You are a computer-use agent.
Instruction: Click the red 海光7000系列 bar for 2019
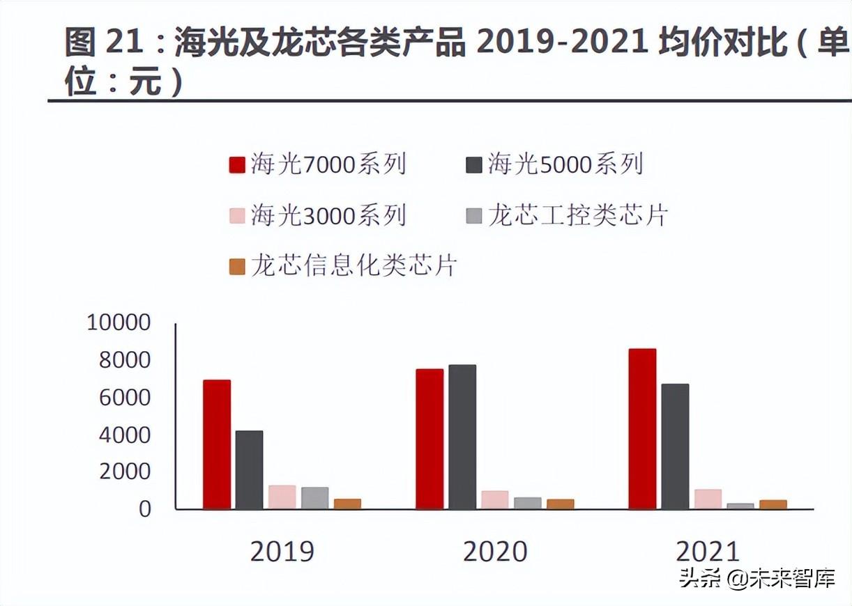[217, 444]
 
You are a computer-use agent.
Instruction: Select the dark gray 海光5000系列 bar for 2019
[249, 469]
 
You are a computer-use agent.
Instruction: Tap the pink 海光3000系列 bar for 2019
[282, 497]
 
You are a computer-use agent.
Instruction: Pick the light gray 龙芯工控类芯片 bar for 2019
[314, 497]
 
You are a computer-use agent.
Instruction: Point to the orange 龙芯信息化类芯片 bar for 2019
[347, 504]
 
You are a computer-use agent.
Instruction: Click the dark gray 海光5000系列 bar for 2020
[462, 437]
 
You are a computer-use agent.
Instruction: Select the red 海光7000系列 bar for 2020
[429, 439]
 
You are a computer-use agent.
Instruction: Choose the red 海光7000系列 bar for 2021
[642, 428]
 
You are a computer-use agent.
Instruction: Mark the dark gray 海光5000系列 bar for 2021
[675, 446]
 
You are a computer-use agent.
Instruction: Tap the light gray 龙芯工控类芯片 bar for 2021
[740, 506]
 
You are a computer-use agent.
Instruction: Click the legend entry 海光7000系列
[318, 164]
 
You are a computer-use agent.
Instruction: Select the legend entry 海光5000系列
[555, 164]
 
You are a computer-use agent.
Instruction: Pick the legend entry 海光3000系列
[318, 215]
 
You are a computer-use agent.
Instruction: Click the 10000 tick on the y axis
[119, 323]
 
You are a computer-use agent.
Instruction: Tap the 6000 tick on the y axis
[125, 397]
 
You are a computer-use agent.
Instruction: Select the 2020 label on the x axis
[495, 552]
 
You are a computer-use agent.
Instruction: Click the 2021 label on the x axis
[708, 552]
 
